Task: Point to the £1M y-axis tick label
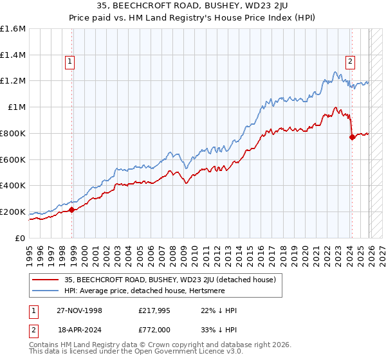click(16, 107)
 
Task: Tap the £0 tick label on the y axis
click(21, 238)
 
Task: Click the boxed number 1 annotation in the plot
click(69, 62)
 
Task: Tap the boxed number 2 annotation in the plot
click(350, 62)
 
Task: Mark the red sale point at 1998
click(72, 209)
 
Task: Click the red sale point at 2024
click(352, 137)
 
